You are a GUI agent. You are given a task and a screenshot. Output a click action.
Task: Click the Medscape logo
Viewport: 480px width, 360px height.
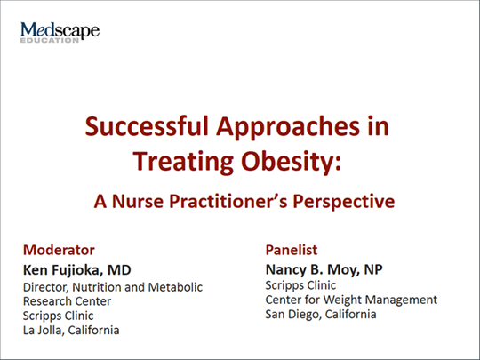(60, 32)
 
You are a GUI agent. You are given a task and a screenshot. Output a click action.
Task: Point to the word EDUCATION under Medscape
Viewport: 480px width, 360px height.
(50, 40)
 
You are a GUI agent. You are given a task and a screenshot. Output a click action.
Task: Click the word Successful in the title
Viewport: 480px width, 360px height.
(147, 126)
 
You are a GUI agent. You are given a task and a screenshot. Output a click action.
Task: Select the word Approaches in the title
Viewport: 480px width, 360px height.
(287, 128)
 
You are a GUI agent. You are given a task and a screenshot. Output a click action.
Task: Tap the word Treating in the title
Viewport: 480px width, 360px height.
(183, 163)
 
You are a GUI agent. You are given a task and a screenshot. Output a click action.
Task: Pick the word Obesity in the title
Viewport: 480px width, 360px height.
(291, 163)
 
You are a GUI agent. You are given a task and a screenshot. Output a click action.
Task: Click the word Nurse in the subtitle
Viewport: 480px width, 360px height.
(138, 202)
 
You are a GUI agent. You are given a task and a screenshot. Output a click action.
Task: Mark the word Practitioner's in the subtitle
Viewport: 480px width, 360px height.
(228, 202)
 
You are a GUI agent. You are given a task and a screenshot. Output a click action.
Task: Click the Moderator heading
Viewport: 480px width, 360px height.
(59, 250)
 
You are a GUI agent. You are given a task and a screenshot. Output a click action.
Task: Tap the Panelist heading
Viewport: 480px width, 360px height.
(292, 250)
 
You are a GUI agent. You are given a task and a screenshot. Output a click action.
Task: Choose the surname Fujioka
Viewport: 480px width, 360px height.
(76, 270)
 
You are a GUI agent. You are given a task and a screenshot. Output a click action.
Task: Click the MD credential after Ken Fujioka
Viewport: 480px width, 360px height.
(119, 270)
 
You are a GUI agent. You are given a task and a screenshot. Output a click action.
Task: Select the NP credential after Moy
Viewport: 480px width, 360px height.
(373, 269)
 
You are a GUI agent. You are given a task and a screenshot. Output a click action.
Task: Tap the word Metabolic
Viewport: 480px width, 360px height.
(175, 287)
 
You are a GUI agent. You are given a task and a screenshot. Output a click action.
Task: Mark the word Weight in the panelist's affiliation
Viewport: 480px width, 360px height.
(342, 300)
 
